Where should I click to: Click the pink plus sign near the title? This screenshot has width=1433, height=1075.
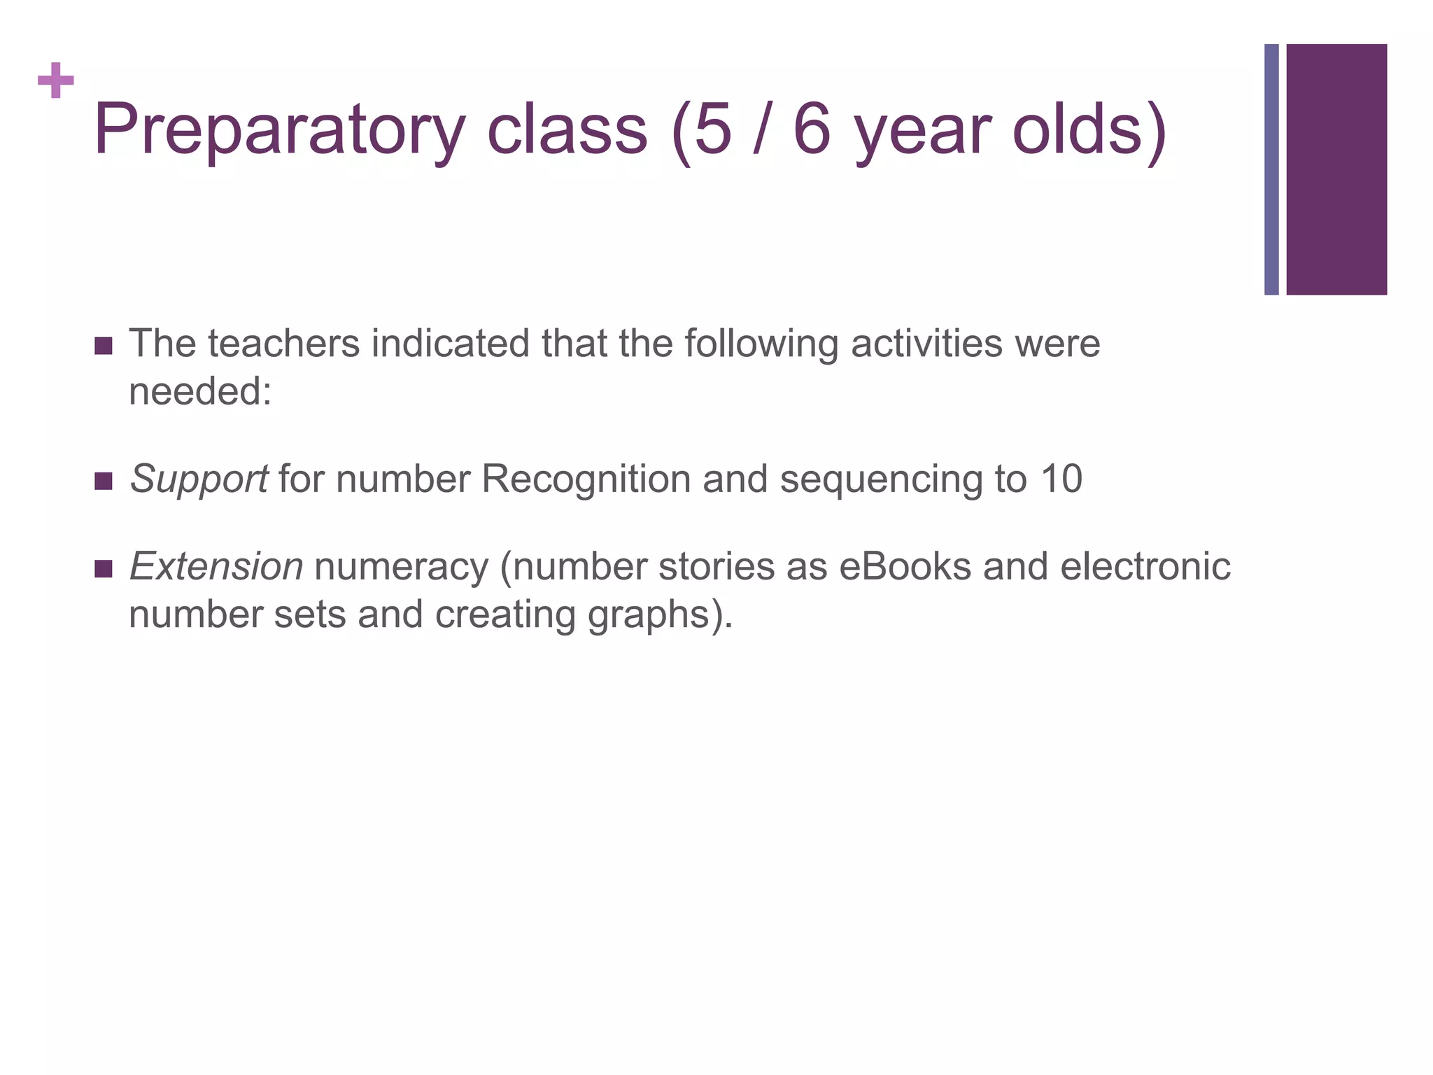coord(56,81)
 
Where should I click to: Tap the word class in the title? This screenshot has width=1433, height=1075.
coord(567,130)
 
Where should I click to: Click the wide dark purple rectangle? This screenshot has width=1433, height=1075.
coord(1336,169)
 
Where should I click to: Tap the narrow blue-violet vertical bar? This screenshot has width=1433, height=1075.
coord(1271,169)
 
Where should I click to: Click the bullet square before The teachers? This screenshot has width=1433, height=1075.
coord(103,346)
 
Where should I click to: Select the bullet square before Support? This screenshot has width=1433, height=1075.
coord(103,482)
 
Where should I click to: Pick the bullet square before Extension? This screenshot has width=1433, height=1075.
coord(103,568)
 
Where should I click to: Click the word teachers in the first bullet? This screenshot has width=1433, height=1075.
coord(283,344)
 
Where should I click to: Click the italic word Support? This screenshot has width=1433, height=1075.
coord(199,481)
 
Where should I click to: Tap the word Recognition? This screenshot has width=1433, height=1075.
coord(586,479)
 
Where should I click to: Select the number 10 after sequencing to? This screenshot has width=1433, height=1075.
coord(1061,479)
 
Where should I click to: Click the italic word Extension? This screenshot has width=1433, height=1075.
coord(216,567)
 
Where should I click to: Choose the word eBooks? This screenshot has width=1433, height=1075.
coord(905,567)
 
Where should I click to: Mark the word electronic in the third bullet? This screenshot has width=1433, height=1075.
coord(1145,567)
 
